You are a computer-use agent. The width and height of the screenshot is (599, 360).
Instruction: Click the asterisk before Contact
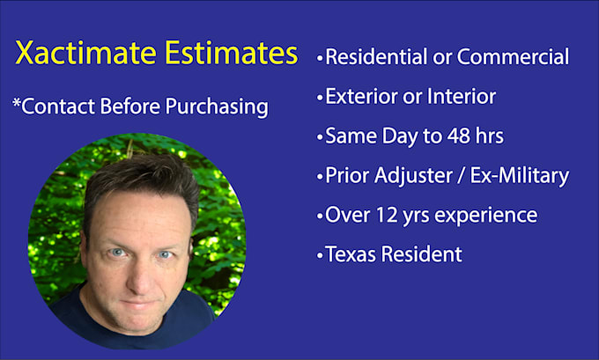click(x=16, y=104)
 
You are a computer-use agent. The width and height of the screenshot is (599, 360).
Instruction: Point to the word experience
click(x=488, y=216)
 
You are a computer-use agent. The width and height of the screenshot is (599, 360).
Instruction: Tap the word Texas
click(x=350, y=254)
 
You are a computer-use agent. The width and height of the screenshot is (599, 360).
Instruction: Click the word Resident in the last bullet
click(x=420, y=254)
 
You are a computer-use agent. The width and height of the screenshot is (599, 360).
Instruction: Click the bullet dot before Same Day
click(x=319, y=137)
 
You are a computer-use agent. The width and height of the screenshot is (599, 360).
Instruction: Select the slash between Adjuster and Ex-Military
click(x=464, y=176)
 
